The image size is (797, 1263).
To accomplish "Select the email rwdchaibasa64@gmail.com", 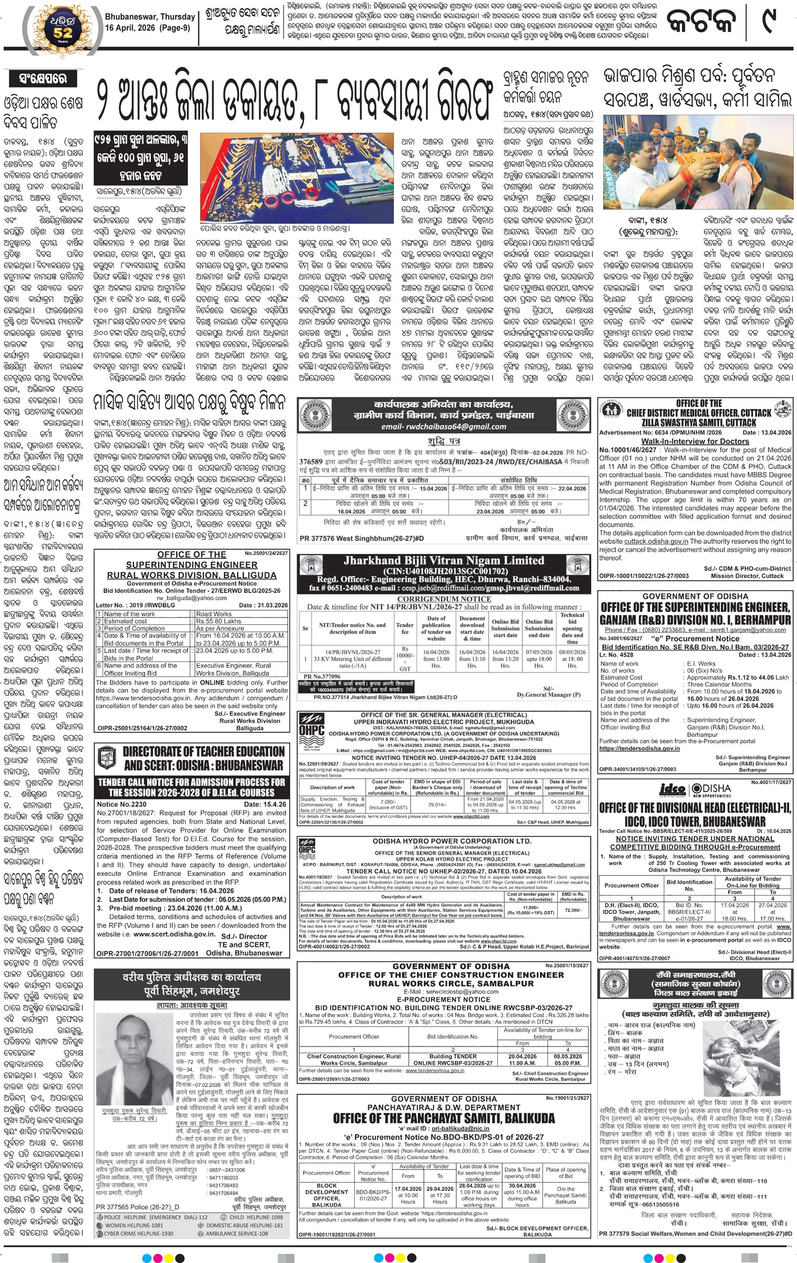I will pos(443,426).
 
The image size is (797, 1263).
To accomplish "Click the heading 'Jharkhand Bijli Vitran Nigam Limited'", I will pos(444,560).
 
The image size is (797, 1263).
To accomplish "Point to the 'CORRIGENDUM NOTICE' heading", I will pos(444,599).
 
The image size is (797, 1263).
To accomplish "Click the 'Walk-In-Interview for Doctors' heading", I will pos(695,441).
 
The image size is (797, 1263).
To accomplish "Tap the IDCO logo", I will pos(672,790).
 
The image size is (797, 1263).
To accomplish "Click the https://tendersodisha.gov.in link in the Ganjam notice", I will pos(632,748).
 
